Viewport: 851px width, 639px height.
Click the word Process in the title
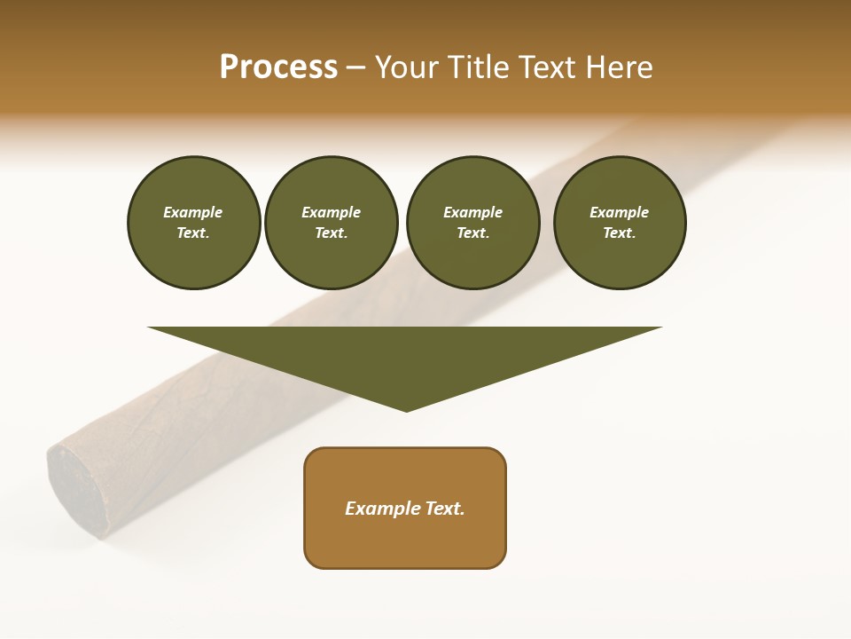click(278, 67)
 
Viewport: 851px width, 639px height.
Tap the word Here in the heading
click(618, 67)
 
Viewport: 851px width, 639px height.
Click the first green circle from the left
click(193, 222)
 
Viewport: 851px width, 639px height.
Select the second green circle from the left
click(331, 222)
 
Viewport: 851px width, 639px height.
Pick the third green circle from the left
click(472, 222)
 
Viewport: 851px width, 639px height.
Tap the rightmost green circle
click(619, 222)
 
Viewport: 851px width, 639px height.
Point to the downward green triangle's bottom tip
click(406, 409)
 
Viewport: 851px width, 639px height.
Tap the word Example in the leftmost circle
click(193, 212)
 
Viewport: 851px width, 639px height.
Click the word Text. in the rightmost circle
click(619, 233)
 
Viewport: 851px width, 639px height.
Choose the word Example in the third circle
click(472, 212)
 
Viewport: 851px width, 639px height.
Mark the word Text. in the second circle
click(331, 233)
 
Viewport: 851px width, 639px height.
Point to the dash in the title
click(355, 68)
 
